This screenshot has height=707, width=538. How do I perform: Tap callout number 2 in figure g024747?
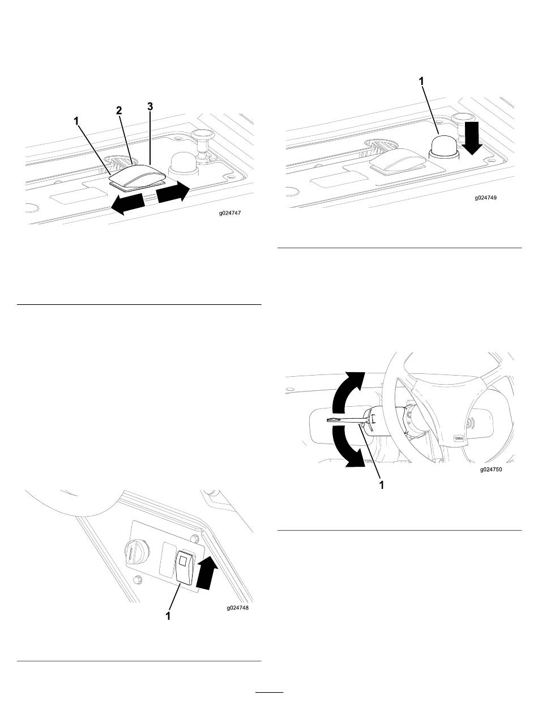click(119, 112)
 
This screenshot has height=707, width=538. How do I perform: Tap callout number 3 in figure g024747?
click(150, 107)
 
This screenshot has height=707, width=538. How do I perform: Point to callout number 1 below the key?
click(381, 485)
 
